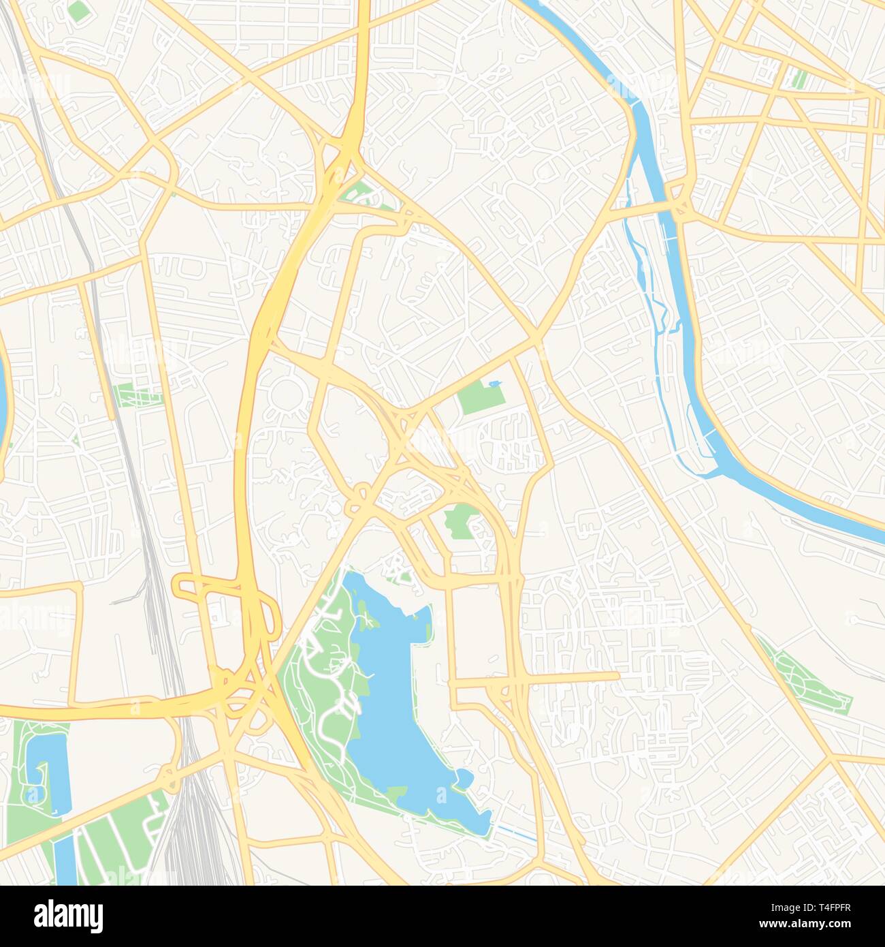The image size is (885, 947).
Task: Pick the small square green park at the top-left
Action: pyautogui.click(x=79, y=10)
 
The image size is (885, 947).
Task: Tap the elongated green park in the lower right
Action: pyautogui.click(x=807, y=681)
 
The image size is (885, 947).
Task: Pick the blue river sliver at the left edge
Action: pyautogui.click(x=3, y=395)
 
